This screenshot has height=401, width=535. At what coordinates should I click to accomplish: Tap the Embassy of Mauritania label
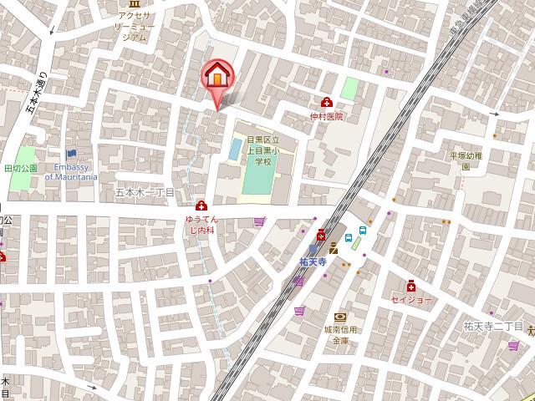pyautogui.click(x=71, y=173)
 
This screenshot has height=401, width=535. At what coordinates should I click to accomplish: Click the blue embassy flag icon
pyautogui.click(x=71, y=154)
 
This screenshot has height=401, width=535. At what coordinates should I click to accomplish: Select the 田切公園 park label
pyautogui.click(x=20, y=168)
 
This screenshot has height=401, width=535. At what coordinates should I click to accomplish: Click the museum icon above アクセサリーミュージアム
pyautogui.click(x=135, y=4)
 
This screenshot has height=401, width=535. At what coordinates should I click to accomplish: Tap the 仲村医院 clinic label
pyautogui.click(x=326, y=117)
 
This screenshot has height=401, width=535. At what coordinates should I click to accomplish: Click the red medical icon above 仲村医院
pyautogui.click(x=327, y=103)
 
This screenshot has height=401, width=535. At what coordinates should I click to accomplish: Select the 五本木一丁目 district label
pyautogui.click(x=144, y=191)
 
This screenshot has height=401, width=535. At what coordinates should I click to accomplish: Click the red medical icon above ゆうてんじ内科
pyautogui.click(x=201, y=206)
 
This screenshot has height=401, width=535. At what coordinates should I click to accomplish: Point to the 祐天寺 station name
pyautogui.click(x=311, y=261)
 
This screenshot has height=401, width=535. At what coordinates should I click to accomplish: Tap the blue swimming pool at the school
pyautogui.click(x=236, y=149)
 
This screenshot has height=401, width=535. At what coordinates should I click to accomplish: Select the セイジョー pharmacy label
pyautogui.click(x=411, y=299)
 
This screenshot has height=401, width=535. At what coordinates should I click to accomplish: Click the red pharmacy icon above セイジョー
pyautogui.click(x=411, y=285)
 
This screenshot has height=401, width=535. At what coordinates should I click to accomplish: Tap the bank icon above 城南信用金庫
pyautogui.click(x=340, y=317)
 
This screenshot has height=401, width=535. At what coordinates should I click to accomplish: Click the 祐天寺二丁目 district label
pyautogui.click(x=492, y=325)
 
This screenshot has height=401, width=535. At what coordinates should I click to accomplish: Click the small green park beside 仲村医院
pyautogui.click(x=349, y=87)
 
